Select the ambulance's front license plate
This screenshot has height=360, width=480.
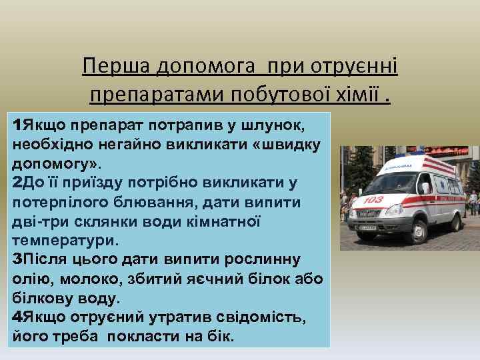pos(367,230)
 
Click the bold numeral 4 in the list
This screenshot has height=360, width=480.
pos(17,317)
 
